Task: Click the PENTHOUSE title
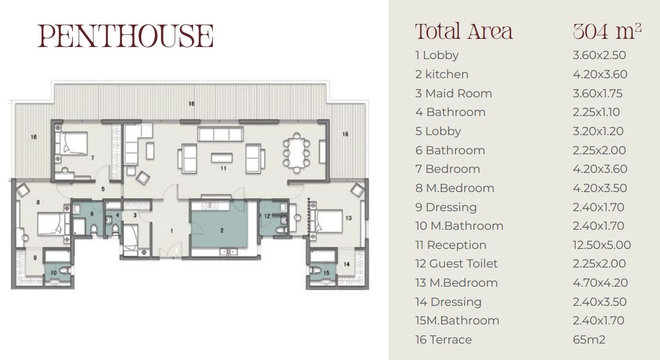click(x=125, y=36)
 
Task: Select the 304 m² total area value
click(x=607, y=32)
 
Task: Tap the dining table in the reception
click(x=297, y=153)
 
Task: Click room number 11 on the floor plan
click(x=223, y=168)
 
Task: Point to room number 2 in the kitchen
click(x=222, y=231)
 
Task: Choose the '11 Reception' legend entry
click(x=451, y=245)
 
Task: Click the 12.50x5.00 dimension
click(x=601, y=245)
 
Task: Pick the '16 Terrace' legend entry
click(x=444, y=340)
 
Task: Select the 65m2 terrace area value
click(x=589, y=340)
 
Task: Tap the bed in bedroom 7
click(x=72, y=143)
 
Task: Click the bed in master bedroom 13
click(x=327, y=221)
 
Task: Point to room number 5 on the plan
click(x=103, y=189)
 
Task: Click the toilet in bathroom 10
click(x=65, y=270)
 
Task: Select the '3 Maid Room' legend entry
click(x=454, y=94)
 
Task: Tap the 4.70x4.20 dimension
click(x=600, y=283)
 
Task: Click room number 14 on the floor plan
click(x=346, y=264)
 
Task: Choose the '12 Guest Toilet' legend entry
click(x=456, y=264)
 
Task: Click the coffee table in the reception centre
click(x=222, y=158)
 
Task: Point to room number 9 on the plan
click(x=35, y=258)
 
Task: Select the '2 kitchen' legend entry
click(x=442, y=74)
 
